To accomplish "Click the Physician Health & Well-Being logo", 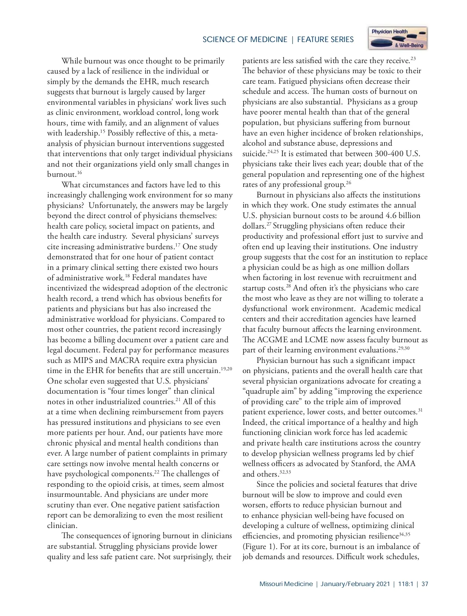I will pos(398,38).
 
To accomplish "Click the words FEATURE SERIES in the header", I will pos(325,39).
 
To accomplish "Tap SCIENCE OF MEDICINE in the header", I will pos(245,39).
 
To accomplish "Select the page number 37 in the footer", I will pos(425,584).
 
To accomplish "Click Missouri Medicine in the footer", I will pos(286,584).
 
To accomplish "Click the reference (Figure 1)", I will pos(260,546).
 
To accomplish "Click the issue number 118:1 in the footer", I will pos(405,584).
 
